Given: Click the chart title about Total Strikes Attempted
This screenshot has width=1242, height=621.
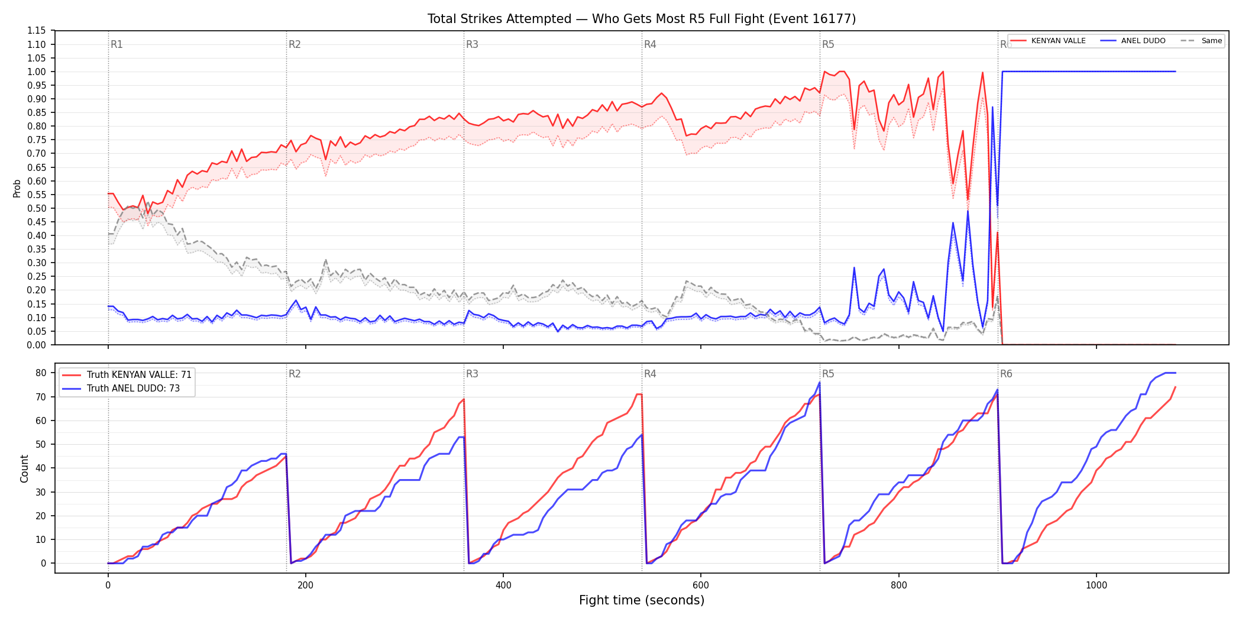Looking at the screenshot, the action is pyautogui.click(x=642, y=19).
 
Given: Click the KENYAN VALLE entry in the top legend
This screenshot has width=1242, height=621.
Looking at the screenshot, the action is pyautogui.click(x=1047, y=41).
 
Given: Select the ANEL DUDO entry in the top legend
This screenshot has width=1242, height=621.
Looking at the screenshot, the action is pyautogui.click(x=1133, y=41).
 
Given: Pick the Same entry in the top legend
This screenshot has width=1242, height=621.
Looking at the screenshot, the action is pyautogui.click(x=1201, y=41).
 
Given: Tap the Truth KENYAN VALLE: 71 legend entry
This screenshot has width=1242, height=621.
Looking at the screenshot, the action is pyautogui.click(x=127, y=375).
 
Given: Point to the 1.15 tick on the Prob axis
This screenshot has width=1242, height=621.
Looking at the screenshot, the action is pyautogui.click(x=37, y=31).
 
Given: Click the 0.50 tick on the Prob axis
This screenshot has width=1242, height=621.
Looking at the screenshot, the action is pyautogui.click(x=37, y=208).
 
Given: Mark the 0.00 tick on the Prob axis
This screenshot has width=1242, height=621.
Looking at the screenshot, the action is pyautogui.click(x=37, y=345).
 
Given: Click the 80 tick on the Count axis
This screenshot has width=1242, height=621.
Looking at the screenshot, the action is pyautogui.click(x=41, y=373).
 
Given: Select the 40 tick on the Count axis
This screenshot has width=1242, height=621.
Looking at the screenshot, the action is pyautogui.click(x=41, y=468).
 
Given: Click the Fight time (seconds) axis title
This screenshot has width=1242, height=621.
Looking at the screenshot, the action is pyautogui.click(x=642, y=600).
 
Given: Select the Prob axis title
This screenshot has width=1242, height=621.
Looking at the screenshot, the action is pyautogui.click(x=17, y=188).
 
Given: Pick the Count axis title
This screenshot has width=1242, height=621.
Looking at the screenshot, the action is pyautogui.click(x=24, y=468).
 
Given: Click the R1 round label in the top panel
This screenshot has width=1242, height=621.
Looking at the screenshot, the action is pyautogui.click(x=117, y=45).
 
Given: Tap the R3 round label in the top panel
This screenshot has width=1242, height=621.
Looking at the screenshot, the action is pyautogui.click(x=472, y=45).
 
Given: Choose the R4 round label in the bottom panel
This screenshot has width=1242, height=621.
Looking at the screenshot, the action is pyautogui.click(x=650, y=374).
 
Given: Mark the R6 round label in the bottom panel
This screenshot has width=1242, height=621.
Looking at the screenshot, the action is pyautogui.click(x=1006, y=374).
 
